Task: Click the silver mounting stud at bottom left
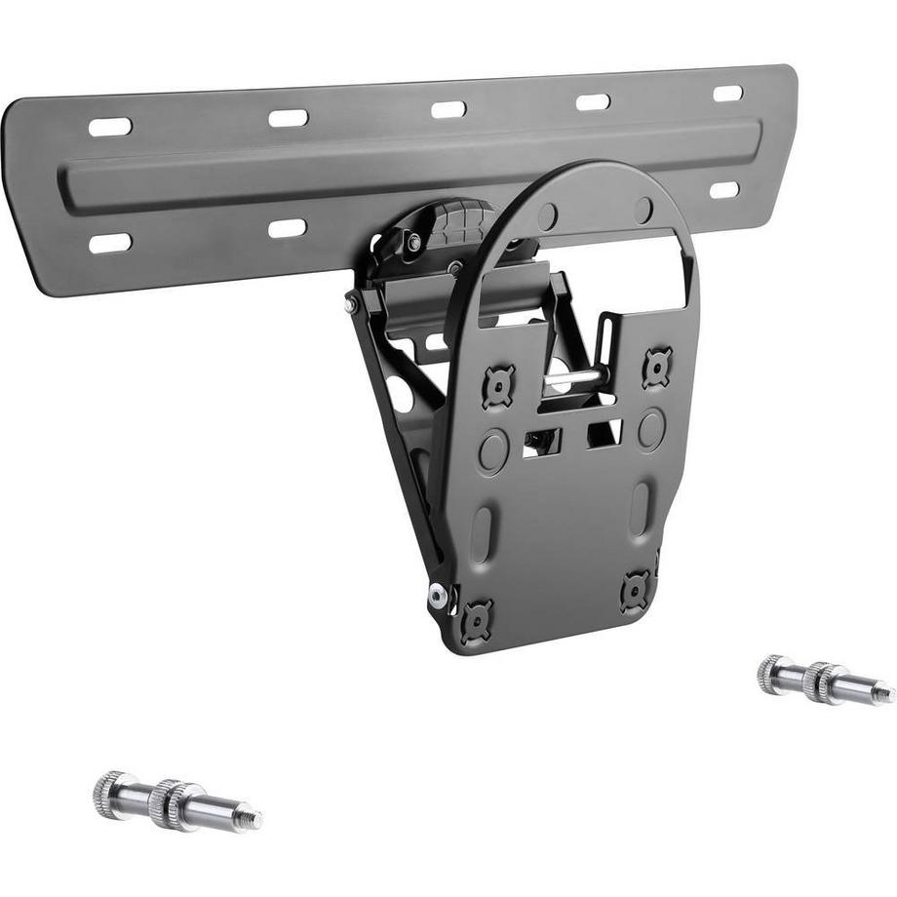175,794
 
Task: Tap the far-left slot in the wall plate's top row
109,127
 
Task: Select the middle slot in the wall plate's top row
448,109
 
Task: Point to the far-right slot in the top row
727,94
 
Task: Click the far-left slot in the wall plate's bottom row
109,243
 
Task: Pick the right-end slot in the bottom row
723,189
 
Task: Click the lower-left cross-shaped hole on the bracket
478,616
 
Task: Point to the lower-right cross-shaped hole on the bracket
635,591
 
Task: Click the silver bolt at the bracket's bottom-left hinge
438,593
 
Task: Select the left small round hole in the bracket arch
549,215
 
